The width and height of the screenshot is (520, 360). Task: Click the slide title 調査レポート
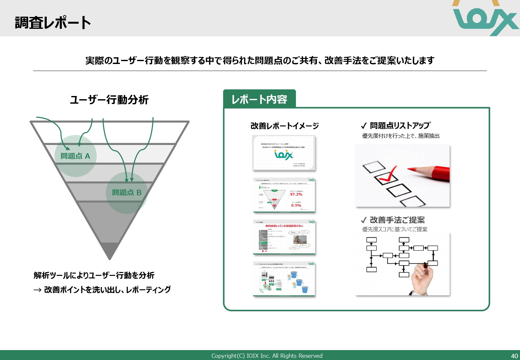click(x=53, y=23)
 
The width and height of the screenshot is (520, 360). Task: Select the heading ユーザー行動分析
click(x=109, y=100)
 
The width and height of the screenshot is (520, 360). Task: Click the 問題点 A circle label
click(x=76, y=156)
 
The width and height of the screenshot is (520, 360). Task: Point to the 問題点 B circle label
click(x=127, y=193)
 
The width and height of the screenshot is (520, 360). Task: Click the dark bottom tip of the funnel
click(x=110, y=250)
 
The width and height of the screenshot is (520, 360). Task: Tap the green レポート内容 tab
click(x=259, y=99)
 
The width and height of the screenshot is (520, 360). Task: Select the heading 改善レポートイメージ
click(x=284, y=126)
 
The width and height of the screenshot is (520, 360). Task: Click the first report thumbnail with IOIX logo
click(x=284, y=153)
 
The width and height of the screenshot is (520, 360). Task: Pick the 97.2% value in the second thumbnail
click(x=296, y=194)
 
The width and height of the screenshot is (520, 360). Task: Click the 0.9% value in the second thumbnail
click(x=296, y=205)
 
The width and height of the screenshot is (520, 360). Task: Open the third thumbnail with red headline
click(x=284, y=237)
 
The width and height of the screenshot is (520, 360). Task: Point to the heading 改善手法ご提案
click(x=397, y=220)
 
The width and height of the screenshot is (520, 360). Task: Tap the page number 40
click(x=514, y=356)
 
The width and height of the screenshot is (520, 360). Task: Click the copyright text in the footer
click(x=267, y=356)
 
